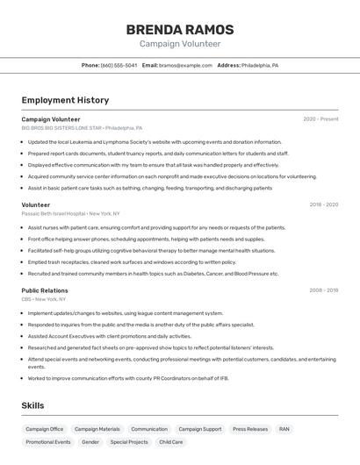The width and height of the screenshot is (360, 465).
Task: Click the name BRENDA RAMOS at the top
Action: (x=180, y=29)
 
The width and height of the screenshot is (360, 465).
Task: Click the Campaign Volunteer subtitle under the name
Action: (x=180, y=44)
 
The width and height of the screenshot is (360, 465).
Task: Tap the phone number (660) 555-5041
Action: (x=119, y=65)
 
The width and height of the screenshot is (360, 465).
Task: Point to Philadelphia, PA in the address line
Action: (x=260, y=65)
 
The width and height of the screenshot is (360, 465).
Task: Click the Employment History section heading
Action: (x=65, y=100)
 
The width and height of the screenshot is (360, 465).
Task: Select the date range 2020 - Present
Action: (x=320, y=119)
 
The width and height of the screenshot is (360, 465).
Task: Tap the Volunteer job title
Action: (x=36, y=204)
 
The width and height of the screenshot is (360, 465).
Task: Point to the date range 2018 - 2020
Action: (x=323, y=204)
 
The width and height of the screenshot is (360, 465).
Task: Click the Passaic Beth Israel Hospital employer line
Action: (x=70, y=213)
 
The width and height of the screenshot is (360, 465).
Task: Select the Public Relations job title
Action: (x=45, y=290)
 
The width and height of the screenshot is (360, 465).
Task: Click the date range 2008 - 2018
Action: (x=323, y=290)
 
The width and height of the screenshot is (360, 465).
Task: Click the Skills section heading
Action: (x=32, y=406)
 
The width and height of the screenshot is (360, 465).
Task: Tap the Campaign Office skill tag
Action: (x=44, y=429)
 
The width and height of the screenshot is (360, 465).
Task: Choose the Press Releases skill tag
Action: (x=250, y=429)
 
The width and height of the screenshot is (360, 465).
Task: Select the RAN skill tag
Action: (x=284, y=429)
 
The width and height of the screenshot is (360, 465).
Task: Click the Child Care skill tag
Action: (x=171, y=442)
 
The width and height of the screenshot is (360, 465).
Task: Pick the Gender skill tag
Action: (x=90, y=442)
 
